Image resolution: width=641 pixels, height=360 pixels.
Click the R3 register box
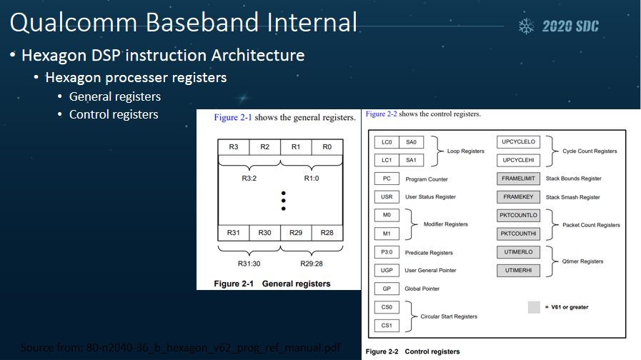tap(234, 147)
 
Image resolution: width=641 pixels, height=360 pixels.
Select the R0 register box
tap(327, 147)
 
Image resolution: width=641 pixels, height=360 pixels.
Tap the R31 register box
tap(234, 233)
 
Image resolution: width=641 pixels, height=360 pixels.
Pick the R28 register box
tap(327, 233)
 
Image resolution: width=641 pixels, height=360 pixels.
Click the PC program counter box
tap(386, 179)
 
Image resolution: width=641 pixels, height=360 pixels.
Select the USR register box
tap(386, 196)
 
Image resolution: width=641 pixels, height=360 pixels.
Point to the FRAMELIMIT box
tap(519, 179)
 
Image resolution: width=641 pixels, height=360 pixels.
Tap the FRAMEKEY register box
tap(519, 196)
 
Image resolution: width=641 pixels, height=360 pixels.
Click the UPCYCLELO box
tap(519, 142)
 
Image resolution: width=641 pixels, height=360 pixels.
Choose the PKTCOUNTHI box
tap(519, 234)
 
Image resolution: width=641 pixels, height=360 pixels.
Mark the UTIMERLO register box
tap(519, 252)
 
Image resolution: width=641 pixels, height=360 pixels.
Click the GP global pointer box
tap(386, 289)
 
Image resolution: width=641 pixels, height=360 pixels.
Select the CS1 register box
tap(386, 326)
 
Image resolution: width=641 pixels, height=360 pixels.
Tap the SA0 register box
tap(411, 142)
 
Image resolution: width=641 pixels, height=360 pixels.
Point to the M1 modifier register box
tap(386, 234)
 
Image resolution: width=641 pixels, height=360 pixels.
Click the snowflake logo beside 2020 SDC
tap(527, 26)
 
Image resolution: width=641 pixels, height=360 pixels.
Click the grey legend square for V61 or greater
tap(534, 307)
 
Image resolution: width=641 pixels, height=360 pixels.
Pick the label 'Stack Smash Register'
tap(572, 197)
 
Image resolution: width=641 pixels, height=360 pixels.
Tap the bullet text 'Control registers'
tap(114, 114)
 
